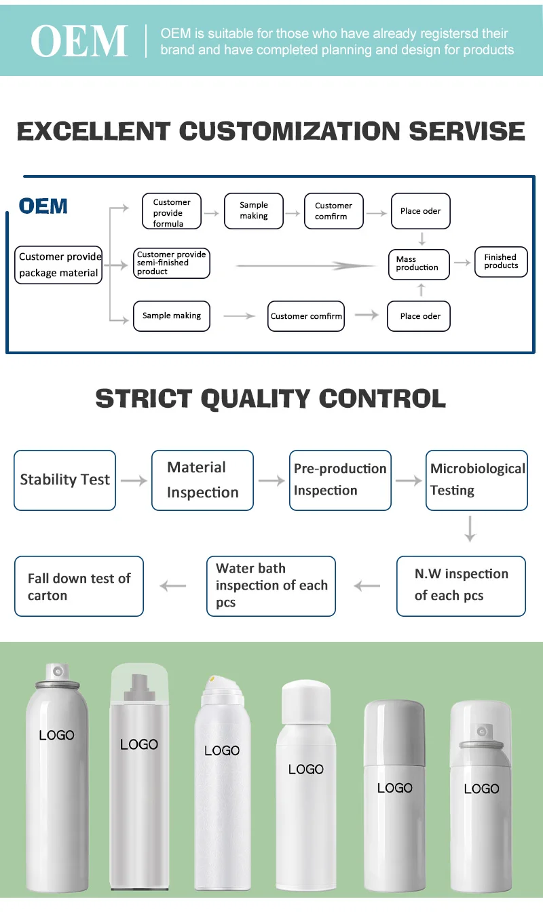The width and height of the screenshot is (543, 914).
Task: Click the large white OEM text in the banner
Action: tap(79, 41)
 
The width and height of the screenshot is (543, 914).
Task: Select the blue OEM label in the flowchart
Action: tap(43, 206)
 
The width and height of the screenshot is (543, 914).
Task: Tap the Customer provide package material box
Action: tap(59, 265)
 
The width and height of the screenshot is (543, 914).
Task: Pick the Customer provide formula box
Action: tap(172, 212)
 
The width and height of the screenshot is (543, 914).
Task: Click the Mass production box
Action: tap(417, 263)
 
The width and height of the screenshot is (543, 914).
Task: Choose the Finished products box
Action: tap(501, 261)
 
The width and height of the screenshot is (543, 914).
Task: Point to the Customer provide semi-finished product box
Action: tap(171, 263)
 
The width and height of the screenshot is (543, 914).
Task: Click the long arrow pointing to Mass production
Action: tap(305, 265)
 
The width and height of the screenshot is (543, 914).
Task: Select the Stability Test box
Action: tap(65, 480)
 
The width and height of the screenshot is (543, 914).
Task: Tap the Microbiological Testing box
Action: tap(476, 480)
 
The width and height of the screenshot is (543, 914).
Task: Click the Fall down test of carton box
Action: tap(79, 586)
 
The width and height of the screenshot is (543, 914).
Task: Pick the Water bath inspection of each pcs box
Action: tap(271, 586)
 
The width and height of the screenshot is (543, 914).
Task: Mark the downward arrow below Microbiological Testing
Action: tap(470, 529)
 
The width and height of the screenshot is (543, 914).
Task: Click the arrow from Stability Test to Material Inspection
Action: tap(134, 480)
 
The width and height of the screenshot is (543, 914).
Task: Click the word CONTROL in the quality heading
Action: tap(382, 398)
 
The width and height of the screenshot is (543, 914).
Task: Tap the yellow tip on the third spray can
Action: tap(212, 678)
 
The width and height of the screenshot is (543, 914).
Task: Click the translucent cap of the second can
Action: tap(139, 681)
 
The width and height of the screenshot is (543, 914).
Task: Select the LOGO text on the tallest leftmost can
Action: tap(56, 735)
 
